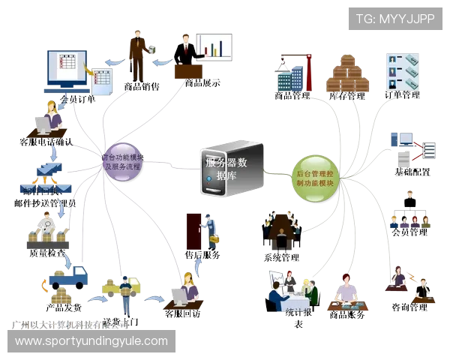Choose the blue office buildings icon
[289, 76]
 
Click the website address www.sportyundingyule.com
[91, 341]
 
